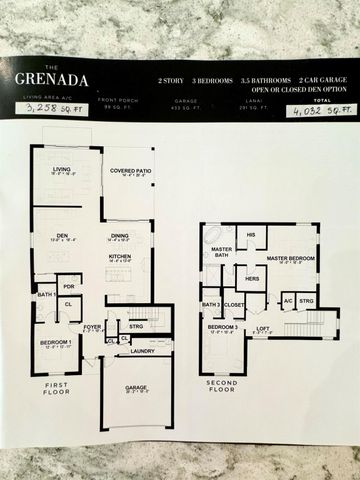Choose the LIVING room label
(63, 170)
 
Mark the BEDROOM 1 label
(55, 343)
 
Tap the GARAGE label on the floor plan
(137, 388)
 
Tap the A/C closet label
(287, 299)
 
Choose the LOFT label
(261, 327)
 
